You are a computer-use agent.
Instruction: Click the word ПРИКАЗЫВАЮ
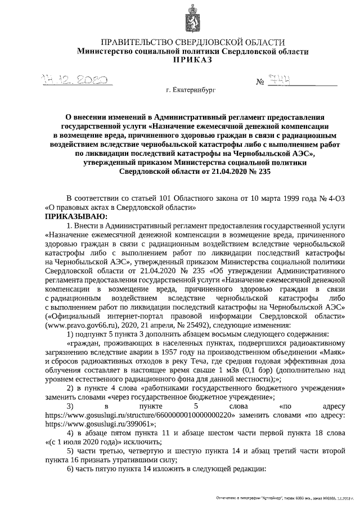[x=76, y=215]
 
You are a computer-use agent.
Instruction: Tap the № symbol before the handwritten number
[x=260, y=82]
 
